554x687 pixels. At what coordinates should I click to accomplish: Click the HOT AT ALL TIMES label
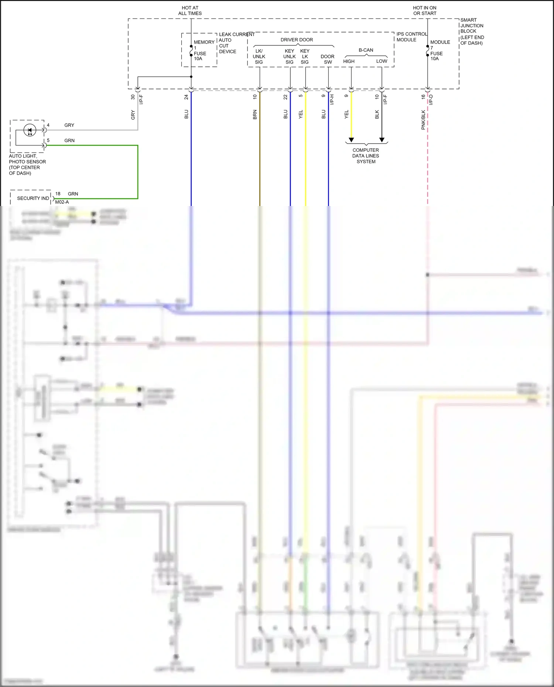190,10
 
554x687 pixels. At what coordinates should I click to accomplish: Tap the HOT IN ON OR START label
424,10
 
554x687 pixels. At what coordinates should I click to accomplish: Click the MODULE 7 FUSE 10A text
439,50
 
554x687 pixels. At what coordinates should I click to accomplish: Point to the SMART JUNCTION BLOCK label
472,31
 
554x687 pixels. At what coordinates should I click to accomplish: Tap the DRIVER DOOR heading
297,40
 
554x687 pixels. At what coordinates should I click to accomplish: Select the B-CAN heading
366,50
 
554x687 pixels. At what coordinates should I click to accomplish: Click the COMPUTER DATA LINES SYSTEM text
366,156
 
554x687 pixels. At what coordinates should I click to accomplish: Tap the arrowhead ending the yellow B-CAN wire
351,140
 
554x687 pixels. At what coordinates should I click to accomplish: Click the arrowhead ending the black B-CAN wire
382,140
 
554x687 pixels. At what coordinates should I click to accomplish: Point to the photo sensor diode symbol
30,130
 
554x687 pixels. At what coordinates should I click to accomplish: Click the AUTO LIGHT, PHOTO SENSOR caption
27,165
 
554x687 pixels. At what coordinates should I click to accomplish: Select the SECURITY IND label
33,198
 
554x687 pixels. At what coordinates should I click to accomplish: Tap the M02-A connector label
62,202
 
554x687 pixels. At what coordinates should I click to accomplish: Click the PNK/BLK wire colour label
423,120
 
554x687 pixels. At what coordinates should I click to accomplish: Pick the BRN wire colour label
255,114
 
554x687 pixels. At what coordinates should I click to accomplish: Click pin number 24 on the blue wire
187,97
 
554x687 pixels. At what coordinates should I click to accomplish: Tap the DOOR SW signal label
328,59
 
